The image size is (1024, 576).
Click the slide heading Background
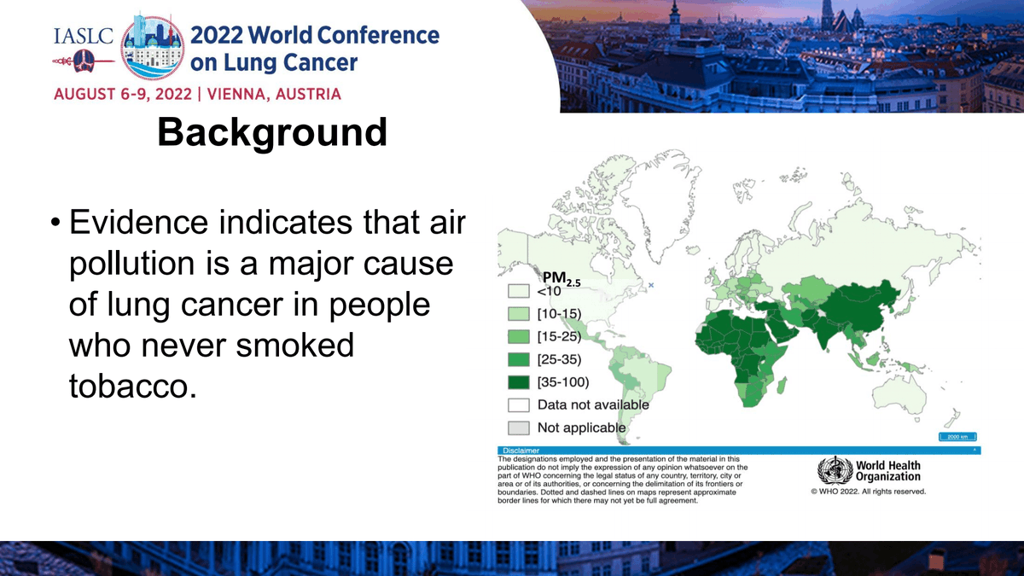272,133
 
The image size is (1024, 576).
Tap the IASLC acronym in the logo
83,38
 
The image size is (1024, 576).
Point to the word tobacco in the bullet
127,386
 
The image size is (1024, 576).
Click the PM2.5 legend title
561,277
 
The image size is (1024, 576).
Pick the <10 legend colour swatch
519,292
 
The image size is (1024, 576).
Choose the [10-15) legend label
560,314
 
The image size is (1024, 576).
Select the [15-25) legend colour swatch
519,337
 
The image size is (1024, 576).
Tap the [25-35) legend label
560,359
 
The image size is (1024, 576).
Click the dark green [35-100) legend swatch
519,381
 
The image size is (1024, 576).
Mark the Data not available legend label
593,404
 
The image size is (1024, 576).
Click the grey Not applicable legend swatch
519,427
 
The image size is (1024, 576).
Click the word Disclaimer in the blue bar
521,451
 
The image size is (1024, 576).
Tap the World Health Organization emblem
834,471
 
